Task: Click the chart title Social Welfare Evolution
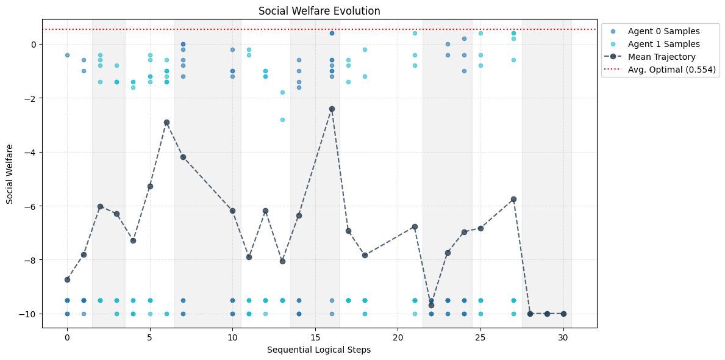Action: coord(320,11)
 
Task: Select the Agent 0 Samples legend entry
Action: coord(663,31)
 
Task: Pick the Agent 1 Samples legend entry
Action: coord(663,44)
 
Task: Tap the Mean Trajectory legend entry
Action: coord(663,57)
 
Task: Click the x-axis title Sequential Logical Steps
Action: coord(320,350)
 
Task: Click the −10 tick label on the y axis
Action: coord(29,314)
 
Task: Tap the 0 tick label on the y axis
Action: coord(34,45)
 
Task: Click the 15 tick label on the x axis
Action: coord(315,337)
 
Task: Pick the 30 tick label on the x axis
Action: coord(563,337)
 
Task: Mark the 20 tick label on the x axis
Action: coord(398,337)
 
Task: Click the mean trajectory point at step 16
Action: coord(332,109)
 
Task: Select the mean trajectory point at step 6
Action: coord(166,122)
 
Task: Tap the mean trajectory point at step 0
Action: coord(67,279)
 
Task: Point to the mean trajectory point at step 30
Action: coord(563,314)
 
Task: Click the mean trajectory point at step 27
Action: coord(513,199)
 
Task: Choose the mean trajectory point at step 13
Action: coord(282,261)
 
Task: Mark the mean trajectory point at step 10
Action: coord(232,211)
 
